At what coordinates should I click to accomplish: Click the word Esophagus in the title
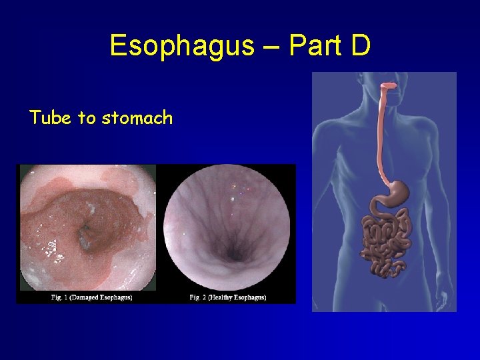[182, 46]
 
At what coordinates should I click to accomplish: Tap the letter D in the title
[361, 46]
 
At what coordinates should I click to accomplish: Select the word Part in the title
[313, 46]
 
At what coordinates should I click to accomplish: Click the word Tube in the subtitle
[51, 118]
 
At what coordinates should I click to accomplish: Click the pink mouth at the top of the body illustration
[388, 86]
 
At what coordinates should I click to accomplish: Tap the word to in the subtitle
[87, 119]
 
